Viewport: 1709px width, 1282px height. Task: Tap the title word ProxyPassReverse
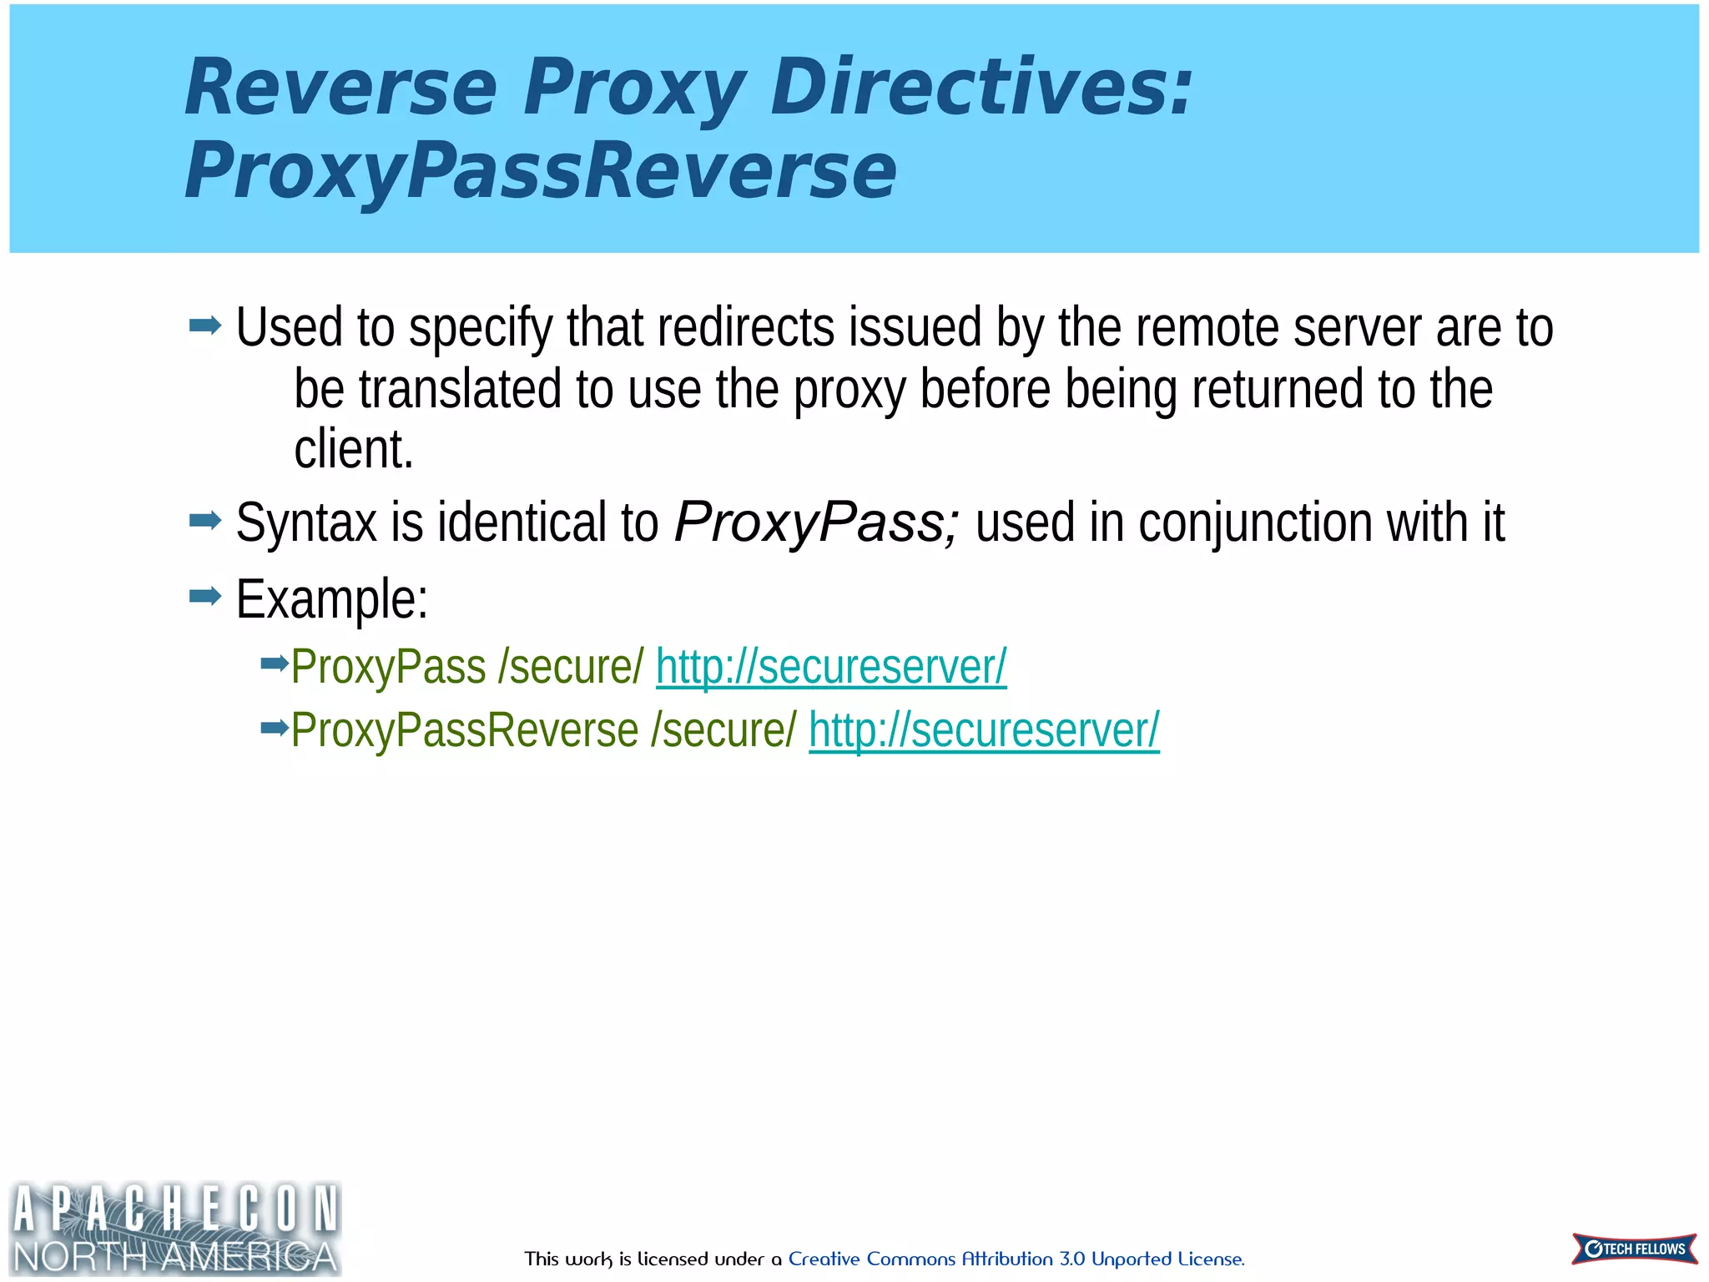[x=540, y=171]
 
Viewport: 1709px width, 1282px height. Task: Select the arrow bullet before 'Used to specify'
[x=205, y=325]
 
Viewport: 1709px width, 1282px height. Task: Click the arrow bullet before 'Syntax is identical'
[x=205, y=522]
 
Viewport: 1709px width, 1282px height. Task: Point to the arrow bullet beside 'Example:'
[x=205, y=596]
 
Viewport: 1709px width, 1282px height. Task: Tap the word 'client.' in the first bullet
[x=354, y=450]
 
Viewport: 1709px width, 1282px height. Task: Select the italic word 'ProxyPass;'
[x=817, y=523]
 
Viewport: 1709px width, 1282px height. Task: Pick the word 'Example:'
[x=332, y=599]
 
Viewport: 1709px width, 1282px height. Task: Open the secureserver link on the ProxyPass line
[x=831, y=667]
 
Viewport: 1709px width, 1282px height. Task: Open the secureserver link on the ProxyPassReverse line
[x=984, y=730]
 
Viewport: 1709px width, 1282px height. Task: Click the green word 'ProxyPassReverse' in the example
[x=465, y=730]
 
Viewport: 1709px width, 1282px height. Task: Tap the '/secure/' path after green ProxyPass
[x=571, y=667]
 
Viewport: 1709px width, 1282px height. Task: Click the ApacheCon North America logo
[x=175, y=1229]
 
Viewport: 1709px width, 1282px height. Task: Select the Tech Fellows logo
[x=1634, y=1249]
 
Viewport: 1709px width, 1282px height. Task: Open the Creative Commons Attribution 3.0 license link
[x=1016, y=1259]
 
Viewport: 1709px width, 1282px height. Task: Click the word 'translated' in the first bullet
[x=460, y=390]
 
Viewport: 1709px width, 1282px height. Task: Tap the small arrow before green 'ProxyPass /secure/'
[x=274, y=664]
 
